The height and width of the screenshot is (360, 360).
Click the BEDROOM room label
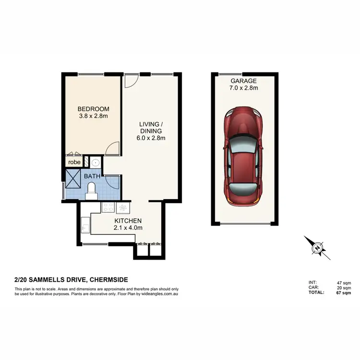coord(94,109)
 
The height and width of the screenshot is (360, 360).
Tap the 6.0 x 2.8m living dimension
coord(151,138)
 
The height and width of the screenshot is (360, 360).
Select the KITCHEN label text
coord(128,221)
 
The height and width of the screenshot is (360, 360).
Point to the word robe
coord(74,162)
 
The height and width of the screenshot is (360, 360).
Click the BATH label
coord(92,176)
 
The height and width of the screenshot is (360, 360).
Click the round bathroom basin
coord(95,162)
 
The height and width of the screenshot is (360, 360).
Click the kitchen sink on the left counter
coord(85,224)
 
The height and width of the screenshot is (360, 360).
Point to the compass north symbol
coord(317,248)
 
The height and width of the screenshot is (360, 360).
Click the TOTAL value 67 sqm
coord(343,292)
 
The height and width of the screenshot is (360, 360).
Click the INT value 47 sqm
coord(343,283)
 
